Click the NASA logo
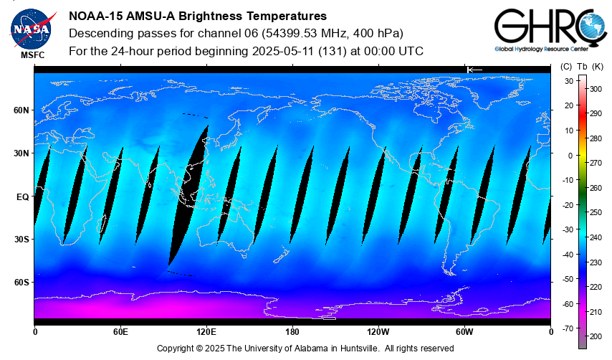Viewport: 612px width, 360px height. click(31, 27)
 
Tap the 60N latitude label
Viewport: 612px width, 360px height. click(21, 110)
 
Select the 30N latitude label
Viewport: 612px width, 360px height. click(21, 153)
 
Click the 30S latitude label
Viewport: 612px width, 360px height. click(21, 240)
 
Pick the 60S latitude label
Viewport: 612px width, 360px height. click(21, 283)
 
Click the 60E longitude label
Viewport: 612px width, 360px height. click(120, 332)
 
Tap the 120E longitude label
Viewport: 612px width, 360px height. click(206, 332)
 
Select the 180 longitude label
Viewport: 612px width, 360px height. click(292, 332)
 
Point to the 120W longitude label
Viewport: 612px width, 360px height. click(378, 332)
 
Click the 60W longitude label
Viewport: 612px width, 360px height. click(464, 332)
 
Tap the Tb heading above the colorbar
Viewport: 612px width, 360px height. click(582, 67)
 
